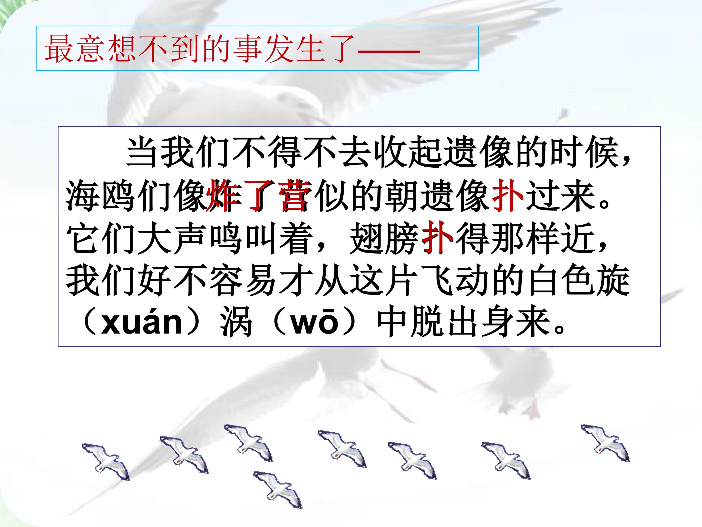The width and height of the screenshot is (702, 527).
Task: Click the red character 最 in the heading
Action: [x=59, y=49]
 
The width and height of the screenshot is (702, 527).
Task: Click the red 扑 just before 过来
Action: [x=507, y=195]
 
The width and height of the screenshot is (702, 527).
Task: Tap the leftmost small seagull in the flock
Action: [x=106, y=462]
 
